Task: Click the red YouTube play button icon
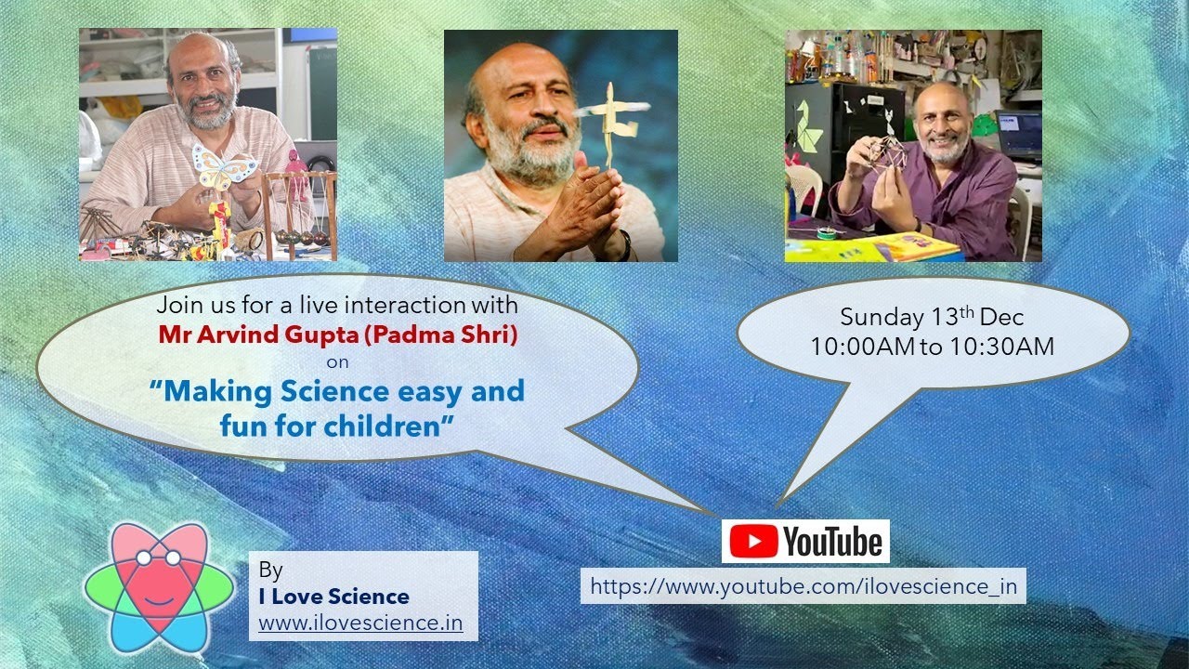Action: tap(753, 542)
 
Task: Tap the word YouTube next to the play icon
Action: tap(832, 542)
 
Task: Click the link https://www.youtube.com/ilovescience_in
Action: tap(804, 586)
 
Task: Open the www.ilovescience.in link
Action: tap(360, 622)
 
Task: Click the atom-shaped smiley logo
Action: tap(159, 587)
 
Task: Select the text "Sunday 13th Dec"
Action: tap(932, 318)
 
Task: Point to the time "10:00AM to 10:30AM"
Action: tap(932, 347)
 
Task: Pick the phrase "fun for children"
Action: tap(330, 426)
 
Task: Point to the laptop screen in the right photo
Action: tap(1020, 125)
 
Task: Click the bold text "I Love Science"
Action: tap(334, 596)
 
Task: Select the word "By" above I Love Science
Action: tap(270, 570)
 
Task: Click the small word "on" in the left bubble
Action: tap(337, 362)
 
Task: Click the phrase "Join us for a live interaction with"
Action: tap(337, 305)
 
